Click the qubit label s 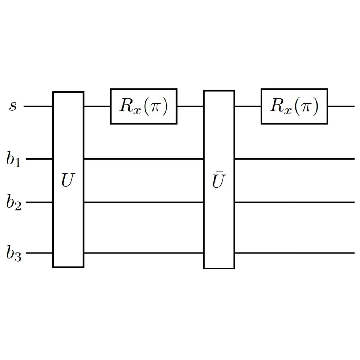click(x=13, y=106)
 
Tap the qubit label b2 click(x=14, y=203)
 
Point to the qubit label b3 click(x=14, y=253)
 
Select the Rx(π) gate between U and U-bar click(x=144, y=106)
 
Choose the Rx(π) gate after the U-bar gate click(x=294, y=106)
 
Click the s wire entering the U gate click(x=38, y=106)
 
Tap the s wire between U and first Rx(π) click(x=97, y=106)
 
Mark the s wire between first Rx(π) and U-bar click(x=190, y=106)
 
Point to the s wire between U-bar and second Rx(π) click(x=248, y=106)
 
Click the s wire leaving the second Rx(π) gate click(x=341, y=106)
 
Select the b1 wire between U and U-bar click(x=144, y=159)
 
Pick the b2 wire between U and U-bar click(x=144, y=202)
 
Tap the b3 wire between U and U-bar click(x=144, y=253)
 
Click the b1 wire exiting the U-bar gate click(x=294, y=159)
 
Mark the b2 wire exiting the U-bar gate click(x=294, y=202)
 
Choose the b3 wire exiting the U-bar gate click(x=294, y=253)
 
